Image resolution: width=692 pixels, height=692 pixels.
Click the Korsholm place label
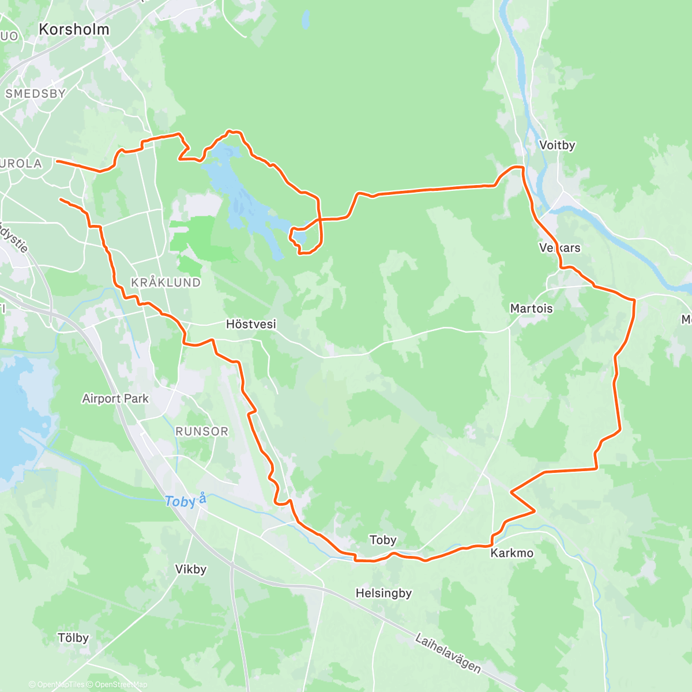74,29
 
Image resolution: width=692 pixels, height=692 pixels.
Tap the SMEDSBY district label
36,93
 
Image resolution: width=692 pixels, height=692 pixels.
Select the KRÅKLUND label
166,283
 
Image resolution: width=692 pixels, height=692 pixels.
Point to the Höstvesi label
251,325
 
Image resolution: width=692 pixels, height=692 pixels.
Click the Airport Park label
115,398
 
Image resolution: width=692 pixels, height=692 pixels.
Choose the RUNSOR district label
202,431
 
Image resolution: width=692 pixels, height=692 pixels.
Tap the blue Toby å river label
185,501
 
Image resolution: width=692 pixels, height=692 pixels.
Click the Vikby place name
191,570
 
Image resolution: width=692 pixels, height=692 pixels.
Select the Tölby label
73,638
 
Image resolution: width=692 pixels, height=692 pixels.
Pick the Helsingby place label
383,593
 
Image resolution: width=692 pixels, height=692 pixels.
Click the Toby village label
383,540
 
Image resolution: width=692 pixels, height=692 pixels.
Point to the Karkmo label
512,554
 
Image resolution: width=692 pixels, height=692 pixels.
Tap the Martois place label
531,309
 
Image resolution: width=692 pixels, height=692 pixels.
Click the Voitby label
557,145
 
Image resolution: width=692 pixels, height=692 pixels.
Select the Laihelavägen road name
448,653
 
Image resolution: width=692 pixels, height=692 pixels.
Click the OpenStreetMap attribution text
121,685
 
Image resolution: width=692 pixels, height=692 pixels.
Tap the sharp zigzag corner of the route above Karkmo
512,492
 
